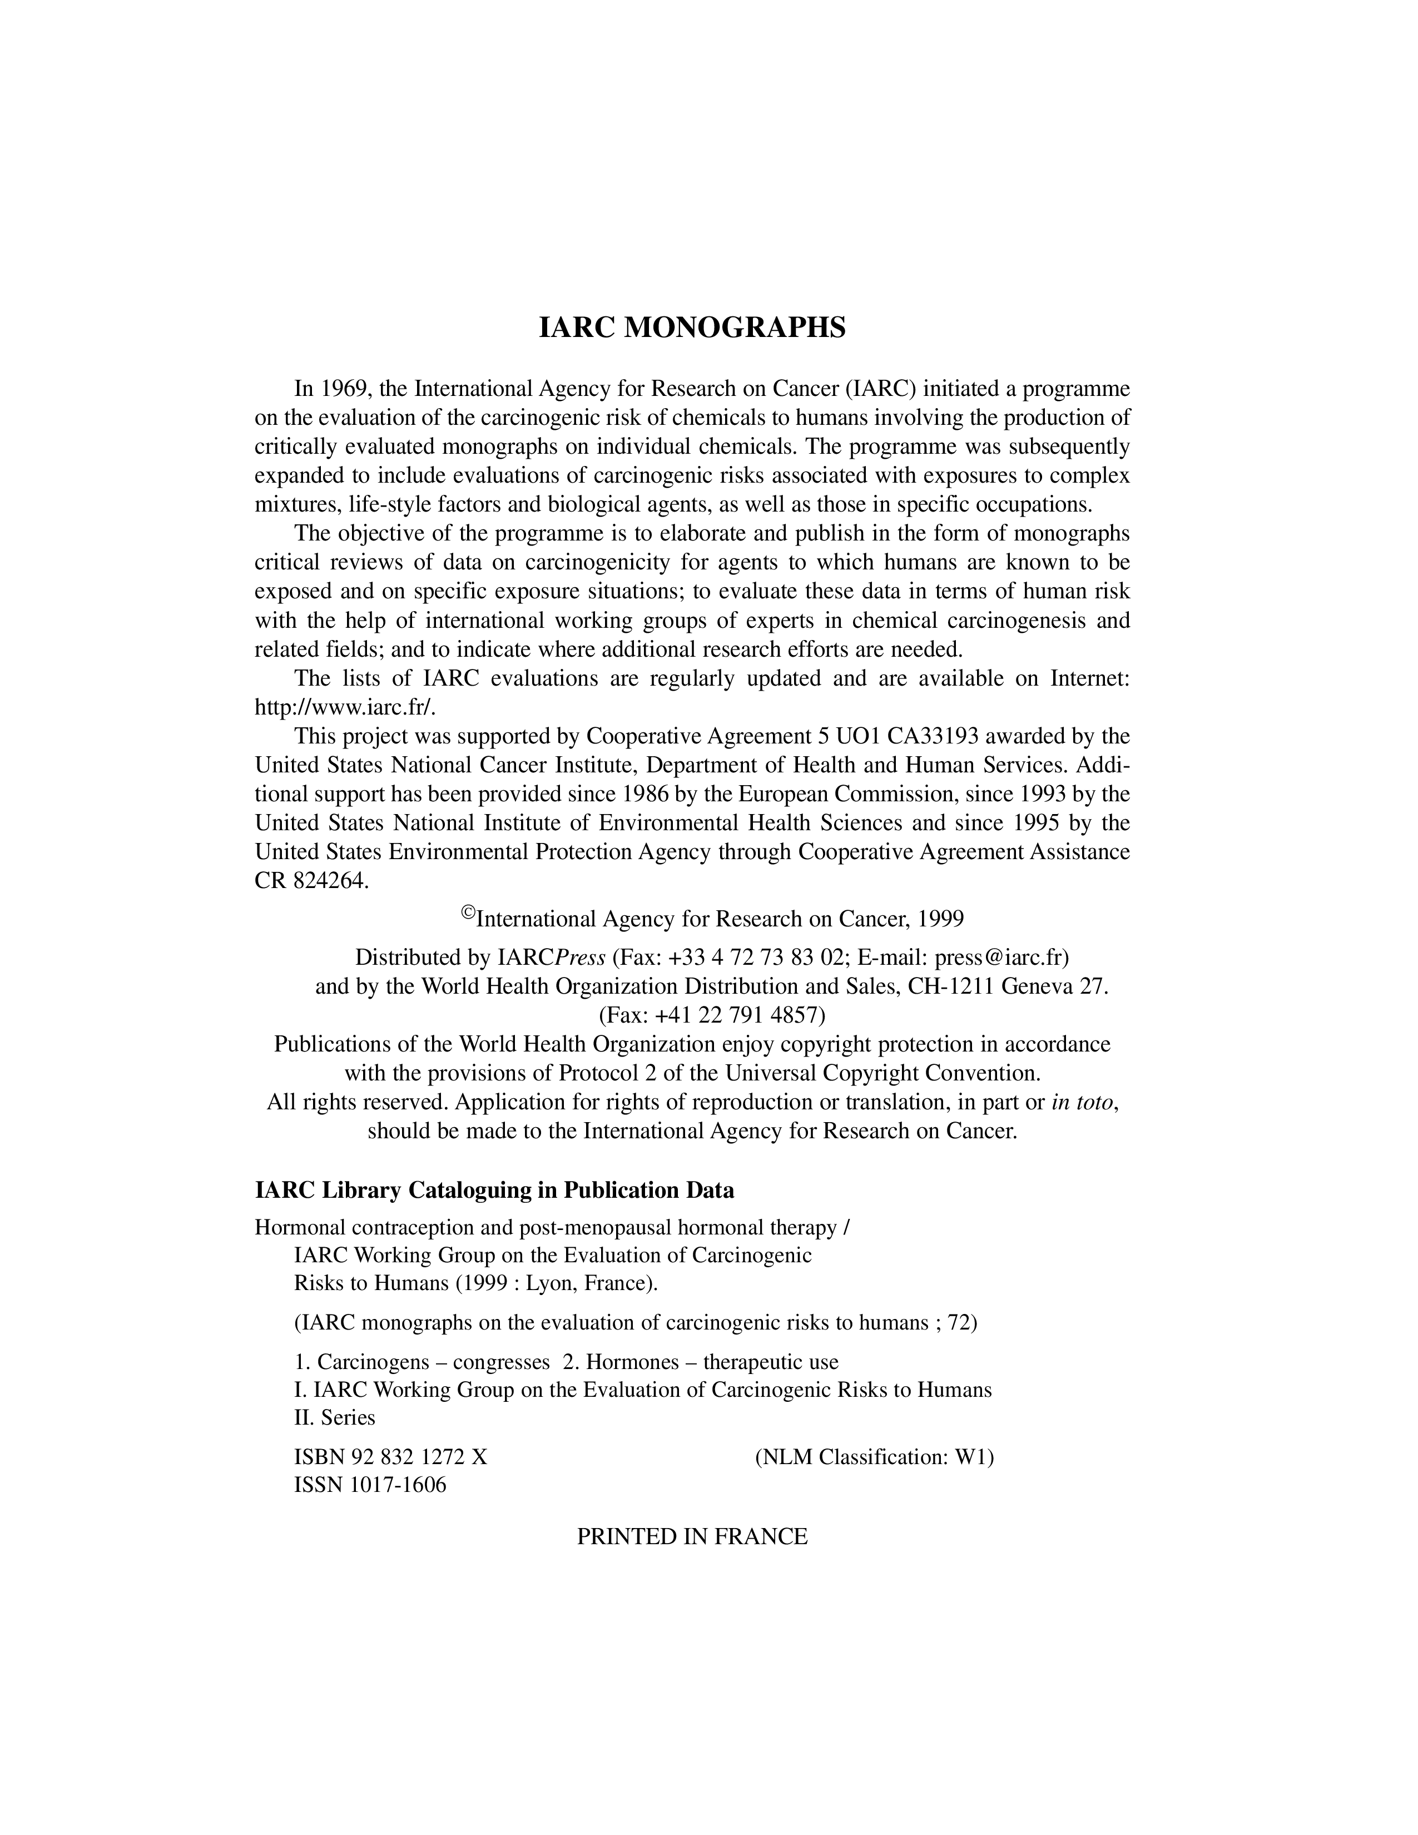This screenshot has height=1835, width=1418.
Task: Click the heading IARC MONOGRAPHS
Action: click(691, 328)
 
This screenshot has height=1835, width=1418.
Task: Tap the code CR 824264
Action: click(311, 881)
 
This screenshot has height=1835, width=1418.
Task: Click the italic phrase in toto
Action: click(1084, 1102)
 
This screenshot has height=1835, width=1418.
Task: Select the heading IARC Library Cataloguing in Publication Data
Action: click(494, 1191)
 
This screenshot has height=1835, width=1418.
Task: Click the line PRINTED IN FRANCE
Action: click(691, 1537)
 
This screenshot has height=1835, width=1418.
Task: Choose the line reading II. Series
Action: click(334, 1417)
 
